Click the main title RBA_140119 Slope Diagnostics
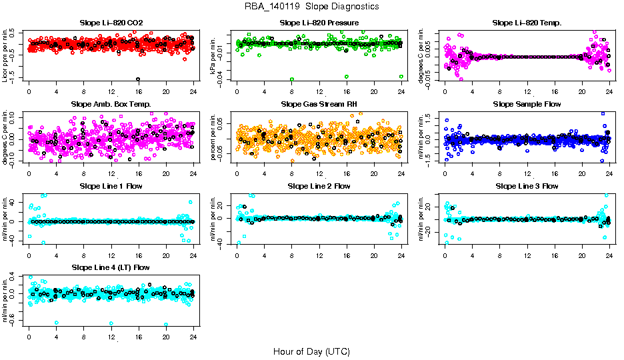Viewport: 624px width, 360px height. pos(312,7)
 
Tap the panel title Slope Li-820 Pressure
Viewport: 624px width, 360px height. pos(319,23)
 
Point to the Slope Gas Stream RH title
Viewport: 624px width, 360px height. pos(319,105)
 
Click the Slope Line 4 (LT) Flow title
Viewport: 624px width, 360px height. pos(111,267)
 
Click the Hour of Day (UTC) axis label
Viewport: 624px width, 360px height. pos(312,351)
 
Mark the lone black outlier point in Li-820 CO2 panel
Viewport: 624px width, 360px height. pos(138,79)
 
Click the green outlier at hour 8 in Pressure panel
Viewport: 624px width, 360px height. pos(292,79)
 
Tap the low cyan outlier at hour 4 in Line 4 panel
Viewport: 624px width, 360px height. pos(57,323)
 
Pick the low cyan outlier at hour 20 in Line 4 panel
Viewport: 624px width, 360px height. pos(165,325)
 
